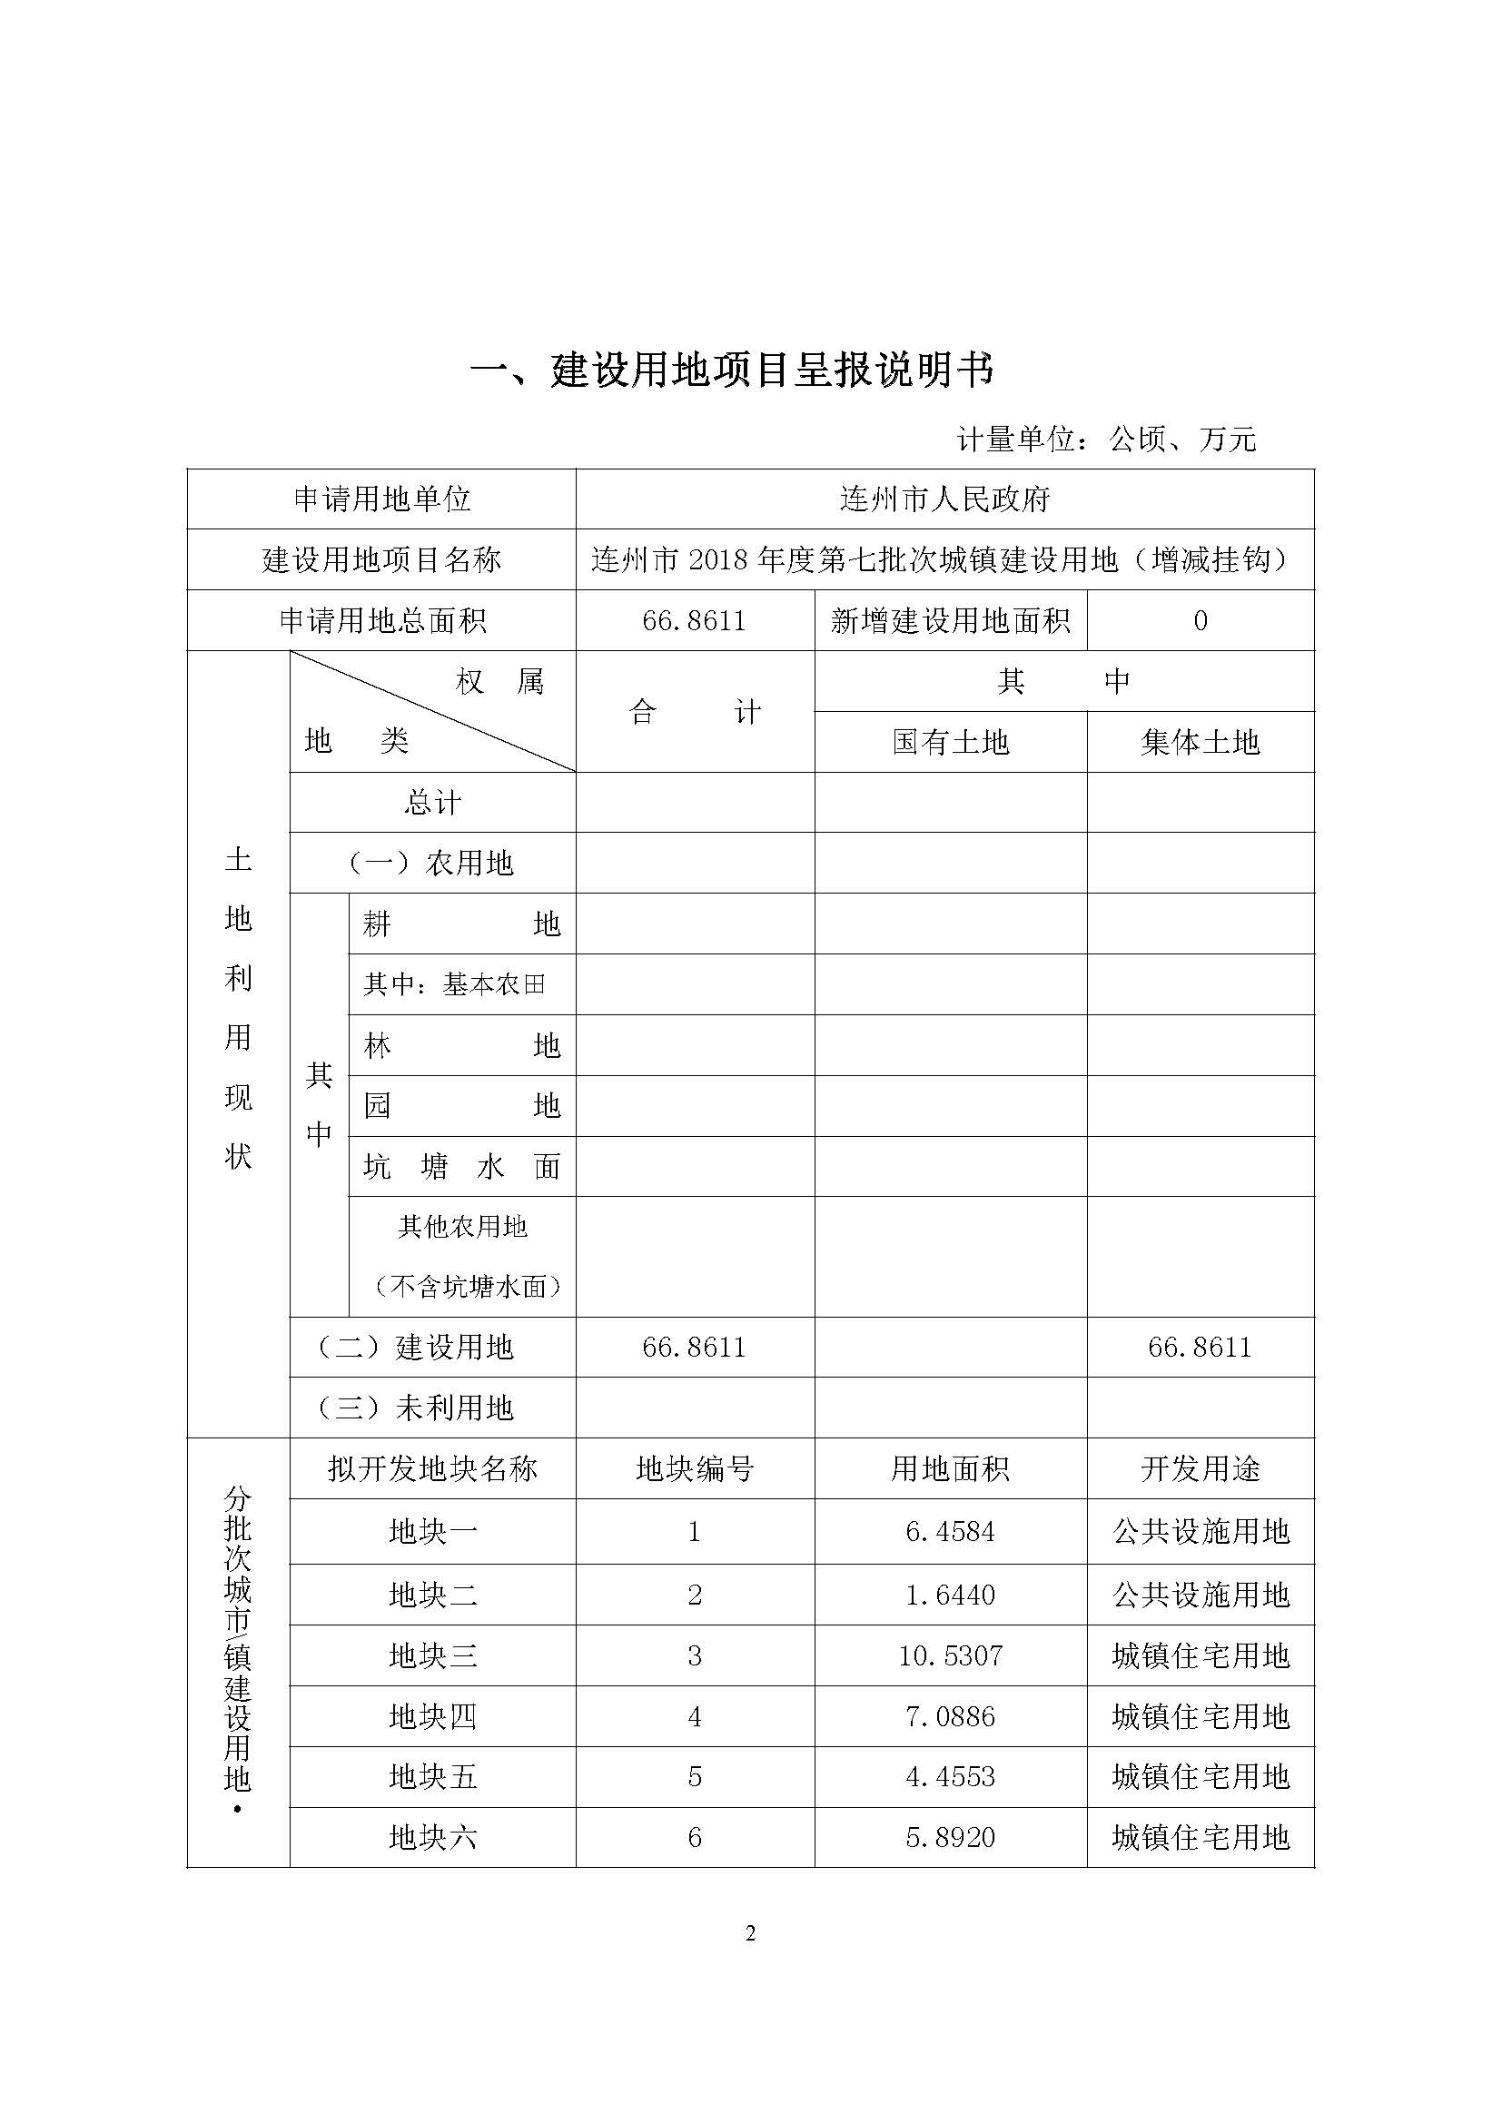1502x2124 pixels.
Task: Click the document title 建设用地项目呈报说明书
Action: click(732, 372)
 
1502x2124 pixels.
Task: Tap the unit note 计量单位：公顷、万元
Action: click(1106, 440)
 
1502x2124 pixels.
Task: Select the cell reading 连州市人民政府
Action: click(944, 500)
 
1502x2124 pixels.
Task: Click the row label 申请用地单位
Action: click(382, 500)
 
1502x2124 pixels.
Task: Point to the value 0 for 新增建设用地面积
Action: click(1200, 621)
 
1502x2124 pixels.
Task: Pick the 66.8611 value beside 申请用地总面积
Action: click(694, 621)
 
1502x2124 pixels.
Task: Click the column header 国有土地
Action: click(950, 743)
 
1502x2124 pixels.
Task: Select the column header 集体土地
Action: click(1200, 743)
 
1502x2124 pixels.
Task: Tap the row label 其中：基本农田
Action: click(454, 984)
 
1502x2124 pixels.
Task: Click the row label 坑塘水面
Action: click(461, 1167)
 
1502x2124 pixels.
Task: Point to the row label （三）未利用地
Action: click(414, 1409)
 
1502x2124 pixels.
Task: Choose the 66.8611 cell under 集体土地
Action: click(1200, 1348)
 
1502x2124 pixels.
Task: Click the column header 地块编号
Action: click(695, 1470)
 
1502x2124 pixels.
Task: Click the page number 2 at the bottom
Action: click(750, 1933)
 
